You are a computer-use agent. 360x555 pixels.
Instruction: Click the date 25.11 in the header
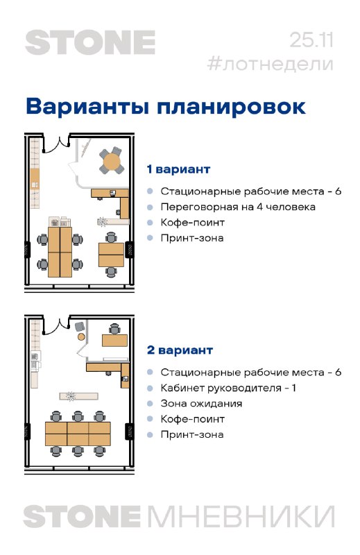[x=311, y=40]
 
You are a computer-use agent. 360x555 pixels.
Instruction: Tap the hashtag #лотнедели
[x=270, y=64]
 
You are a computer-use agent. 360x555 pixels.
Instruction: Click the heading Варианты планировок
[x=166, y=106]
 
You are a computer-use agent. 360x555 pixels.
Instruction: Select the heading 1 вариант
[x=178, y=169]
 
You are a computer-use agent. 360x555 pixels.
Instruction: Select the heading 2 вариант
[x=180, y=350]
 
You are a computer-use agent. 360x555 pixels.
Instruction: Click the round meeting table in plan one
[x=112, y=162]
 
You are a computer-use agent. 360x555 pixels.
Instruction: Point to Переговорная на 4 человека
[x=238, y=207]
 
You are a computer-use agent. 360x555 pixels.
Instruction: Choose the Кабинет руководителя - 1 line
[x=228, y=388]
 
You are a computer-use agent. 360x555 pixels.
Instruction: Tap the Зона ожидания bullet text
[x=201, y=404]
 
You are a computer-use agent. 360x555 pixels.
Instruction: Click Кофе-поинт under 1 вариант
[x=193, y=222]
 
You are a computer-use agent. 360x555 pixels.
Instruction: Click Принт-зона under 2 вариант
[x=192, y=434]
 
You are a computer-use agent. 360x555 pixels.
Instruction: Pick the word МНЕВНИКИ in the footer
[x=241, y=517]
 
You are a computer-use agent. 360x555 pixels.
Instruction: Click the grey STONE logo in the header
[x=90, y=42]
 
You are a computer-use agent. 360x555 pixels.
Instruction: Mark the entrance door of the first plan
[x=56, y=144]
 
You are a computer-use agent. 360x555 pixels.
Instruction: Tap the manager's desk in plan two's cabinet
[x=114, y=341]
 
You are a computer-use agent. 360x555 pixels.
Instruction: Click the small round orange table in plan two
[x=81, y=336]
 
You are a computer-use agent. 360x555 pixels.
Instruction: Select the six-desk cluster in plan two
[x=78, y=434]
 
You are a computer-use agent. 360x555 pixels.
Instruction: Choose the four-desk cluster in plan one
[x=60, y=252]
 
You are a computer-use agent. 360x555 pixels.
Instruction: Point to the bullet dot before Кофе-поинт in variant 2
[x=150, y=419]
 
